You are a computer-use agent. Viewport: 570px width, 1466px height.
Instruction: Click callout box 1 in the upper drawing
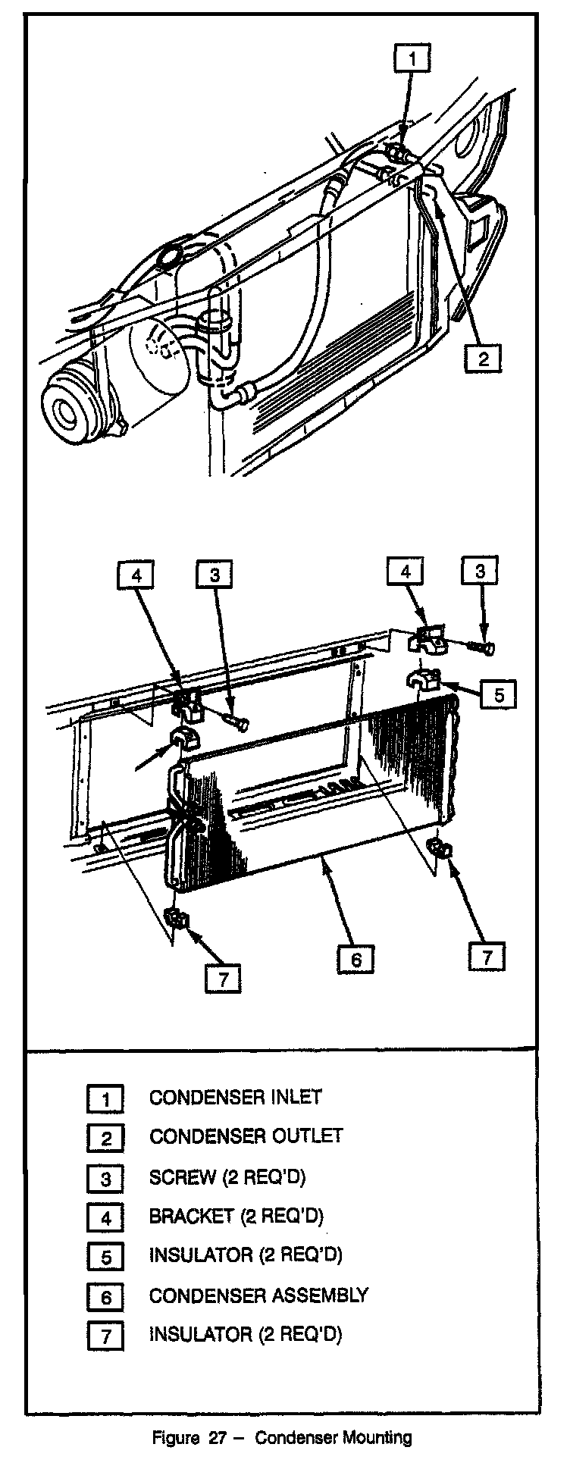[411, 58]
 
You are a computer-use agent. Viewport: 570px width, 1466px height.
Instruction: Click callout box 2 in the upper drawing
[483, 356]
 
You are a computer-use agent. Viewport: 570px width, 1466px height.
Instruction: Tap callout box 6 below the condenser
[355, 959]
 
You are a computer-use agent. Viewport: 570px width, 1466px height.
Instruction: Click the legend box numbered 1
[106, 1098]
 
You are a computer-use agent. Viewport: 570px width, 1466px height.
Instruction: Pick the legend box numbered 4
[106, 1217]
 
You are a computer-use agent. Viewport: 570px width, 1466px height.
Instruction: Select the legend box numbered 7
[106, 1336]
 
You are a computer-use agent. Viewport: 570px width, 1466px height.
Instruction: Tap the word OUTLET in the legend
[306, 1136]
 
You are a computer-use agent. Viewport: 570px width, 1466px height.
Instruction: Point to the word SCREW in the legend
[182, 1176]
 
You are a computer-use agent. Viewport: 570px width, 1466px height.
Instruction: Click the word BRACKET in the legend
[191, 1216]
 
